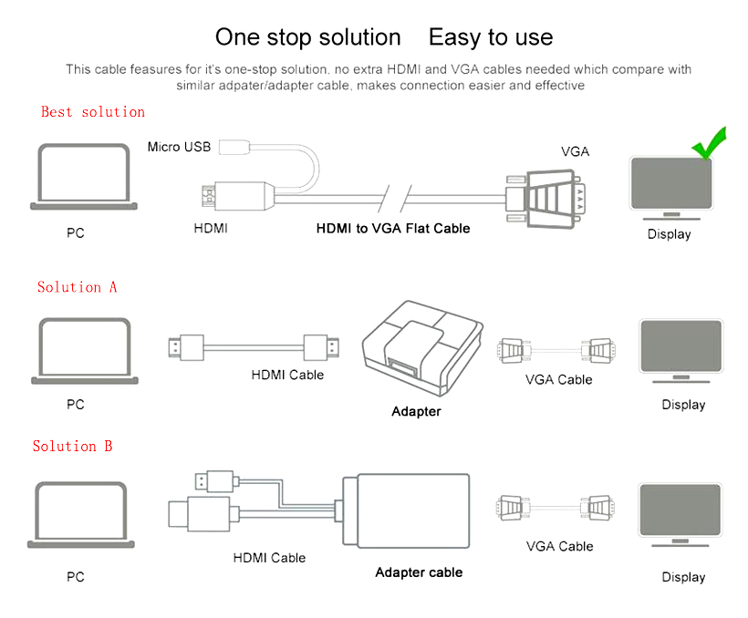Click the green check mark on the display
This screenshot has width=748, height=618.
[x=710, y=143]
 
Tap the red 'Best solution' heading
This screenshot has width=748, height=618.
[x=93, y=111]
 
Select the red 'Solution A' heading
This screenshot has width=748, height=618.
[x=77, y=286]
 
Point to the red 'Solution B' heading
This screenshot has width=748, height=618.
[x=73, y=446]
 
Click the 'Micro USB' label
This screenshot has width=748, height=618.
[x=179, y=147]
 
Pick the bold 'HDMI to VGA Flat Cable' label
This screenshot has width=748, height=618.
[x=393, y=228]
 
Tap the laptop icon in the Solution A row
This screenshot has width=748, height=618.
[x=84, y=352]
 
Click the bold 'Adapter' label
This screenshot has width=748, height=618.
[x=416, y=411]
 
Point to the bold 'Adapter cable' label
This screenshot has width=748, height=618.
[x=419, y=572]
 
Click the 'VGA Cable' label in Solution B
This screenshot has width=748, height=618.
[x=559, y=546]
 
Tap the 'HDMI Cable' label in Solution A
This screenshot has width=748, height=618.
[x=287, y=375]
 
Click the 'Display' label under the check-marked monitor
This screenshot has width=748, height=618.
[x=669, y=234]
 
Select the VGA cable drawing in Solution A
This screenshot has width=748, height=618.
[x=555, y=349]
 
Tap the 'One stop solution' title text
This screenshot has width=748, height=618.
[x=307, y=37]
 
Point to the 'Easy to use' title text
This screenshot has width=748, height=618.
[x=491, y=37]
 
